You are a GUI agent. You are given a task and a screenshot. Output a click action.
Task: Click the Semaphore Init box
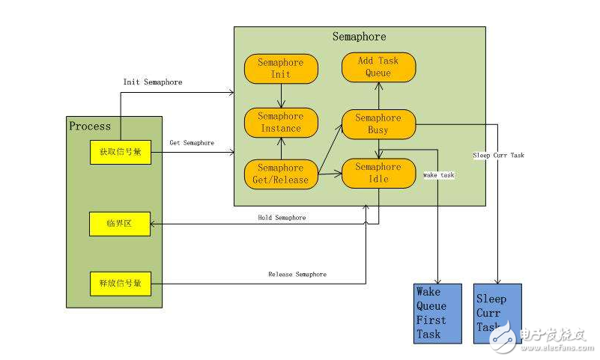pyautogui.click(x=281, y=69)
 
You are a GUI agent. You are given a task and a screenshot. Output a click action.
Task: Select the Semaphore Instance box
pyautogui.click(x=281, y=122)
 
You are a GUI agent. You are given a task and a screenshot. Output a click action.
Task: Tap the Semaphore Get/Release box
pyautogui.click(x=281, y=174)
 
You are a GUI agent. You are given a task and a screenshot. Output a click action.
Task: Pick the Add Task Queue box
pyautogui.click(x=378, y=67)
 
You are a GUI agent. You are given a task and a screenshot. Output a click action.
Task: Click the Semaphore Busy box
pyautogui.click(x=378, y=123)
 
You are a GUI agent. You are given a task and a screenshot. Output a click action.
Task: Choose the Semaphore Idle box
pyautogui.click(x=378, y=173)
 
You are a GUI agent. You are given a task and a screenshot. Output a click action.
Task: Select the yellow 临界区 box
pyautogui.click(x=120, y=223)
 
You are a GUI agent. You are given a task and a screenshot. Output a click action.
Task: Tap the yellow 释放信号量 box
pyautogui.click(x=120, y=284)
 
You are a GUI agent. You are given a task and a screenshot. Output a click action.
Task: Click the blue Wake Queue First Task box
pyautogui.click(x=440, y=313)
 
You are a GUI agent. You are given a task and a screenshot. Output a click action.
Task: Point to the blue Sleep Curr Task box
pyautogui.click(x=497, y=313)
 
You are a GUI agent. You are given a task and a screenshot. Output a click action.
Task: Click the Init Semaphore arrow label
pyautogui.click(x=152, y=82)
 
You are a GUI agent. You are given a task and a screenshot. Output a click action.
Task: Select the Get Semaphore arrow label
pyautogui.click(x=192, y=143)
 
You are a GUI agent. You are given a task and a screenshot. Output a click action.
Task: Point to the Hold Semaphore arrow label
pyautogui.click(x=282, y=218)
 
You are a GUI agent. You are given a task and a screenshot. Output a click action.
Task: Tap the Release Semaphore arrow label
pyautogui.click(x=297, y=275)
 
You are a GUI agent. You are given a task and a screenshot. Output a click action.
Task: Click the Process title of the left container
pyautogui.click(x=90, y=126)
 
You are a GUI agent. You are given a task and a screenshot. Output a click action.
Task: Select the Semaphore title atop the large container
pyautogui.click(x=360, y=37)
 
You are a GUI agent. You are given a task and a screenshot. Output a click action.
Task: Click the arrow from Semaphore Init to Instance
pyautogui.click(x=281, y=96)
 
